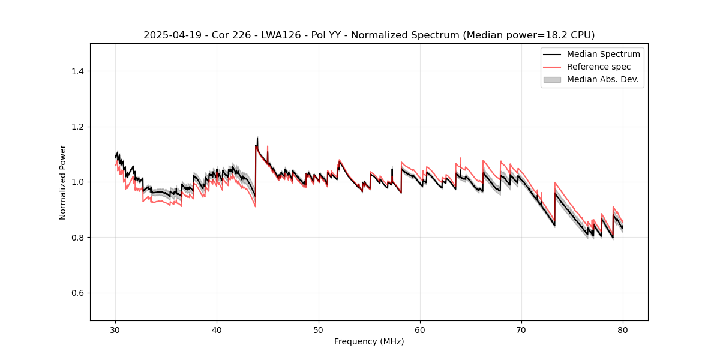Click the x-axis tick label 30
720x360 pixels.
(x=115, y=330)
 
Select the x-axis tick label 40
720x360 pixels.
(x=217, y=330)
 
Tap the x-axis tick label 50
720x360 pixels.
(x=319, y=330)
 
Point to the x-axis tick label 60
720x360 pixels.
(x=420, y=330)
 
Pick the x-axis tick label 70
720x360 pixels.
(x=521, y=330)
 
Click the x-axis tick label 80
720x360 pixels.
(x=623, y=330)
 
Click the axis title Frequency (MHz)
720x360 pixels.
(x=369, y=342)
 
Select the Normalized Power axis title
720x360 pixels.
(x=63, y=182)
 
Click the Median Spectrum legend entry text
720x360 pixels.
(x=603, y=54)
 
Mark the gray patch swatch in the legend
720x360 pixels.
(x=552, y=79)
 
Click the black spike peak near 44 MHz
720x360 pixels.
(x=257, y=139)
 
